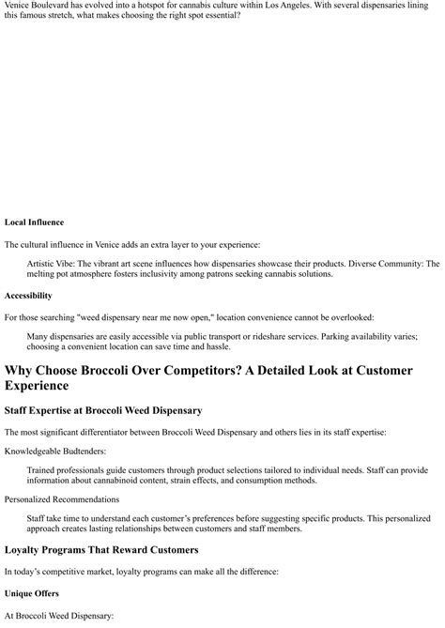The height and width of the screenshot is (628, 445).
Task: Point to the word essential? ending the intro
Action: [x=217, y=16]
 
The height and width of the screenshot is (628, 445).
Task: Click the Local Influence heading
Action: [x=34, y=222]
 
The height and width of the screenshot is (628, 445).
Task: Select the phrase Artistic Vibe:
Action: [x=54, y=265]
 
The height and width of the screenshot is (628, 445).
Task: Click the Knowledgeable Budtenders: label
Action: [x=57, y=452]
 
